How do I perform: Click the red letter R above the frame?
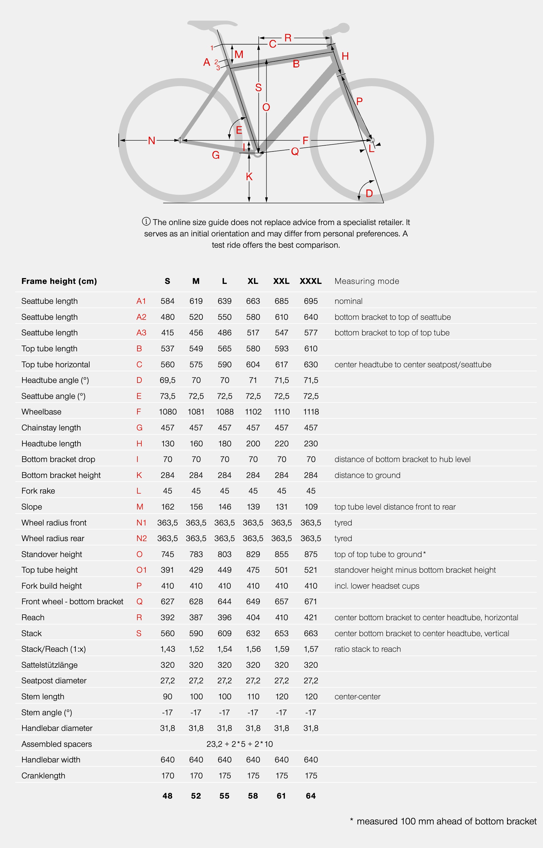tap(288, 38)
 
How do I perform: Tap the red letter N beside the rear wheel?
tap(152, 141)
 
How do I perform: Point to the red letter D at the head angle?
tap(369, 193)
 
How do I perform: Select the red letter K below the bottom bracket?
tap(249, 177)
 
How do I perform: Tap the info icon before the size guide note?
tap(146, 222)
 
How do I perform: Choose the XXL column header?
tap(281, 281)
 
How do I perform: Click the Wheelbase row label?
tap(41, 412)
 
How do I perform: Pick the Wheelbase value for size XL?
tap(253, 412)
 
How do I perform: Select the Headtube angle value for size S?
tap(168, 380)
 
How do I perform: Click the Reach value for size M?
tap(196, 617)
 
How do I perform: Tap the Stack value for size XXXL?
tap(311, 633)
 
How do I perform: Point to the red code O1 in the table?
tap(141, 570)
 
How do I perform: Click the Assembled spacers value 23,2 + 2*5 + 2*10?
tap(239, 744)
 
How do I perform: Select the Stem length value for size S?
tap(168, 697)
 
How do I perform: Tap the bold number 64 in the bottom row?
tap(311, 796)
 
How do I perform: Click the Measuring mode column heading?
tap(367, 281)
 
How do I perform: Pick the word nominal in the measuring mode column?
tap(349, 301)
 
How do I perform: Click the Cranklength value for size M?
tap(196, 776)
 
